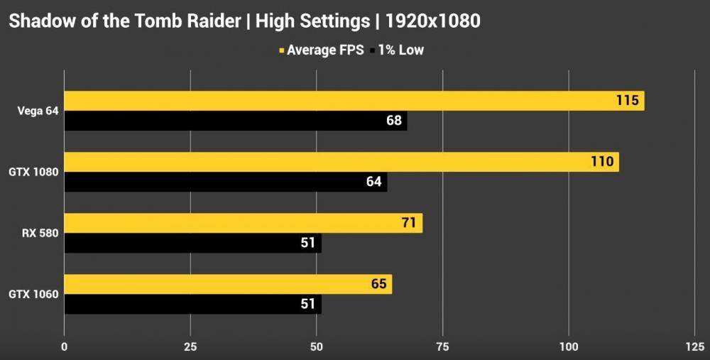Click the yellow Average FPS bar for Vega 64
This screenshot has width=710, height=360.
point(341,101)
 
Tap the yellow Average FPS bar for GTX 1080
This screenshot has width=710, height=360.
point(327,162)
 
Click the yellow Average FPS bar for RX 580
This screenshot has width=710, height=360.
point(234,223)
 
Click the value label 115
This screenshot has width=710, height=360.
point(628,101)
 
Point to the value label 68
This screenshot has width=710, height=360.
point(394,121)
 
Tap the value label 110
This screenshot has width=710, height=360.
point(602,162)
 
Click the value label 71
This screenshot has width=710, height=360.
point(408,223)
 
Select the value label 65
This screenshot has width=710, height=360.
point(378,284)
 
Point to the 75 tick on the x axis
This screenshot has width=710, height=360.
point(442,347)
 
